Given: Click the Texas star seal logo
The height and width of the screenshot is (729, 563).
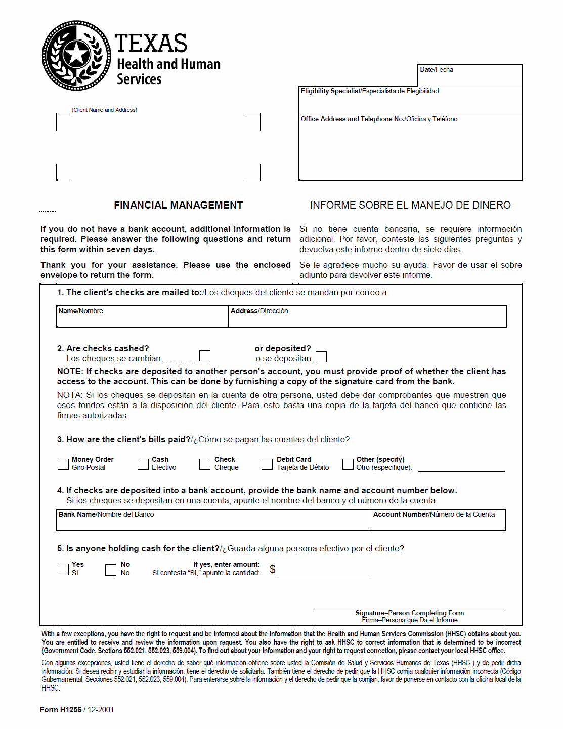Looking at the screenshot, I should (76, 55).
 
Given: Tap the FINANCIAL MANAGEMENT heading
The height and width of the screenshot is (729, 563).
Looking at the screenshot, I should (178, 205).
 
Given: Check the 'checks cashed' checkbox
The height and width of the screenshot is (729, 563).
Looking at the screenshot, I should (205, 356).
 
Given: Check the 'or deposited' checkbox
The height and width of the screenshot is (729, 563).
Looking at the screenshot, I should (321, 357).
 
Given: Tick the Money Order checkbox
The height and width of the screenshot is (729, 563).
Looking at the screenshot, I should (63, 464).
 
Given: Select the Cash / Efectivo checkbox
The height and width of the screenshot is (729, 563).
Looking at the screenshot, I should (143, 464).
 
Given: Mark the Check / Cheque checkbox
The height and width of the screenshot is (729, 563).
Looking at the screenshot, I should (205, 464).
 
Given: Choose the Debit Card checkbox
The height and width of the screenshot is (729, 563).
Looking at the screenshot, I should (267, 464).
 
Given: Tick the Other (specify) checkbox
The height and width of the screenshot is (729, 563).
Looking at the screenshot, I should (348, 464).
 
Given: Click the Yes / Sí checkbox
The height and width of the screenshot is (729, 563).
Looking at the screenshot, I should (63, 570).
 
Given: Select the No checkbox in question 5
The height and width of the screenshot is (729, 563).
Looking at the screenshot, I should (111, 570).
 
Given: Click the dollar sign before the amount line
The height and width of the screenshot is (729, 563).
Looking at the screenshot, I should (273, 570).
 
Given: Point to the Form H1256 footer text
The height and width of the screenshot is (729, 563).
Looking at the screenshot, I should (77, 710).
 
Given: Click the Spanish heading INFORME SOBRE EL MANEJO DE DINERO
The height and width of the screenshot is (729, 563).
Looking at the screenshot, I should (410, 205).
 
